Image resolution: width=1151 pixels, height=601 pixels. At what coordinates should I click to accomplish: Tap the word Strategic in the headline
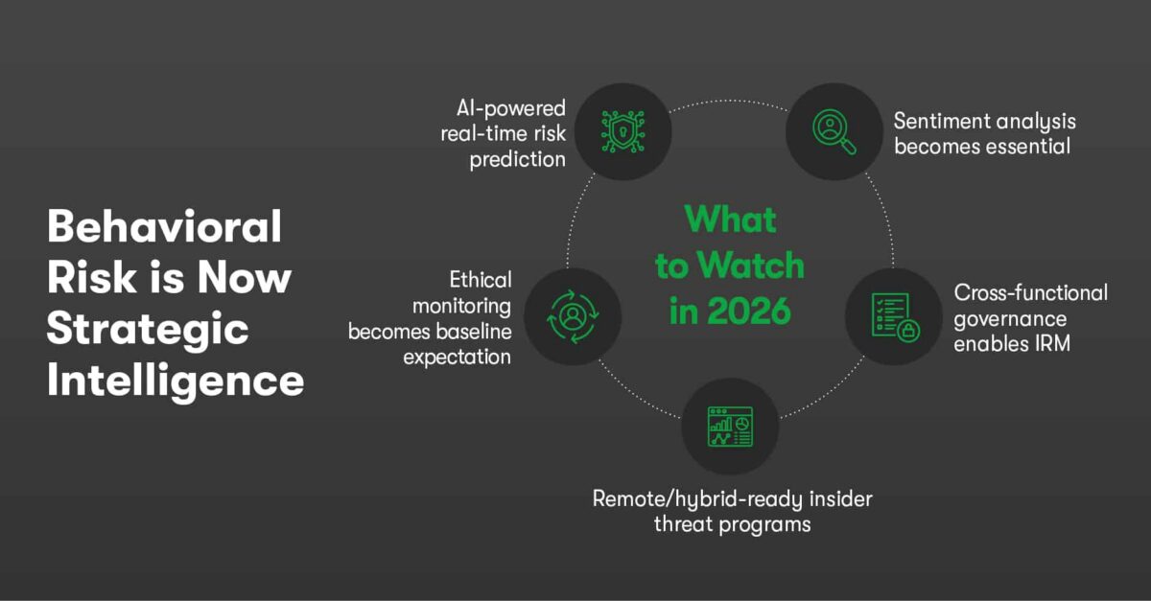(148, 330)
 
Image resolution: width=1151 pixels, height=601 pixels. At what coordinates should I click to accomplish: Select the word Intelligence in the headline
(176, 381)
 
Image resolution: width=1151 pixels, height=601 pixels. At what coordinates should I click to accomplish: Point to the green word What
(731, 220)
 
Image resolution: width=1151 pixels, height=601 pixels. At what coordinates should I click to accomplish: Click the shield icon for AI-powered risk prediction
(622, 131)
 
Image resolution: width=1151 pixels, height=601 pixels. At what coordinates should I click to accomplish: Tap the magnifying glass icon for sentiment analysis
(833, 130)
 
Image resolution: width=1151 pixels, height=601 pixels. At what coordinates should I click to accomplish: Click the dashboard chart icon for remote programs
(730, 426)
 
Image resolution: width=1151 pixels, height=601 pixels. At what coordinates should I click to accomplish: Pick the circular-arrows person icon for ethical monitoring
(573, 317)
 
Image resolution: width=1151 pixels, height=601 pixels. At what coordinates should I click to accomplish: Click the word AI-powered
(512, 108)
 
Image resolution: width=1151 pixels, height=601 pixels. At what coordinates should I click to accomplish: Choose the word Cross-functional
(1030, 292)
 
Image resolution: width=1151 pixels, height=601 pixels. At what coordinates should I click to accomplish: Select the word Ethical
(481, 280)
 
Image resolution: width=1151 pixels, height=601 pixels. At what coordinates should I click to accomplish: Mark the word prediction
(517, 159)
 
